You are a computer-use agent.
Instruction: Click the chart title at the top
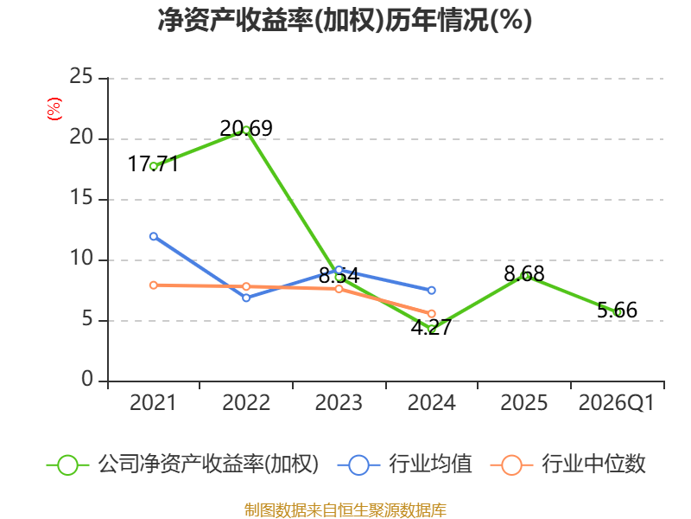[x=345, y=20]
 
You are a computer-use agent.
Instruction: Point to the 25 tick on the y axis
[x=81, y=77]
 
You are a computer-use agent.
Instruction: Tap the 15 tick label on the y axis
[x=81, y=198]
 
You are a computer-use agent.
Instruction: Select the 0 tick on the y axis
[x=87, y=379]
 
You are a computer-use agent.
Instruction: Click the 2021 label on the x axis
[x=153, y=402]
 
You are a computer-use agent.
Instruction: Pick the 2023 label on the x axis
[x=339, y=402]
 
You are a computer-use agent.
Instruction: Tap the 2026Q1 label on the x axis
[x=617, y=402]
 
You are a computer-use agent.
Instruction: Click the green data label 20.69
[x=246, y=128]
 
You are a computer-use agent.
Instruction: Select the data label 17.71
[x=153, y=164]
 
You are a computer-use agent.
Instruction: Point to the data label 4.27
[x=431, y=328]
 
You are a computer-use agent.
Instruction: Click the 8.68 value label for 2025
[x=524, y=274]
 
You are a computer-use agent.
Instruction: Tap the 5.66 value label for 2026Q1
[x=617, y=311]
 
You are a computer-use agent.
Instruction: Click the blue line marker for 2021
[x=154, y=236]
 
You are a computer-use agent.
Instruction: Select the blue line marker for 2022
[x=246, y=298]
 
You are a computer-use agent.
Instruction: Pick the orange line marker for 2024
[x=431, y=314]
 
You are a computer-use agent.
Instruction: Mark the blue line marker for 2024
[x=431, y=291]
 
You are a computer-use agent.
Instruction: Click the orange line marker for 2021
[x=154, y=285]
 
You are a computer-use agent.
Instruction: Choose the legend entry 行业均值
[x=404, y=465]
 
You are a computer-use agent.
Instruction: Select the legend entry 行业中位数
[x=568, y=465]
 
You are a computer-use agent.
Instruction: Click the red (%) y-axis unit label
[x=54, y=109]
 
